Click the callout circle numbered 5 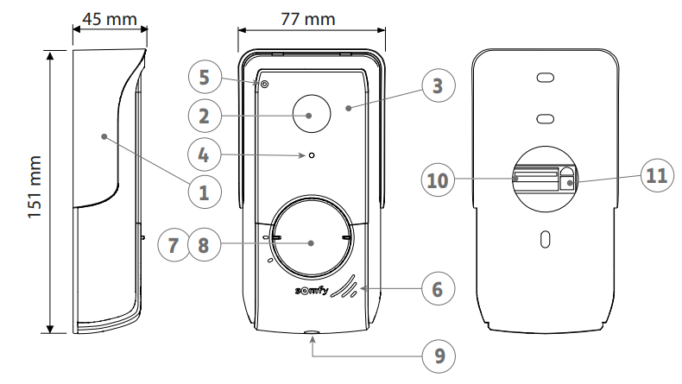point(205,77)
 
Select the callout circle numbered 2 point(205,116)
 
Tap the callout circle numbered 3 point(439,85)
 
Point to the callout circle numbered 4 point(204,154)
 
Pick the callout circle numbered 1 point(205,192)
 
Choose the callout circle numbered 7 point(174,245)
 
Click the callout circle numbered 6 point(438,289)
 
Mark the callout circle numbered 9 point(439,356)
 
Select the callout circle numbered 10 point(438,180)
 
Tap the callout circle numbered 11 point(657,176)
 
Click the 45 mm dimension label point(110,19)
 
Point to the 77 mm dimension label point(308,19)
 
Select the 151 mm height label point(35,187)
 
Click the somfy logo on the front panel point(312,290)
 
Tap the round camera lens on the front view point(312,114)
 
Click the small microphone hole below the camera point(312,155)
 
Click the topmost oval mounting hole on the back point(546,78)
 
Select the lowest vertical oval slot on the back point(545,239)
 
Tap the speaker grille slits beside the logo point(344,287)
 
